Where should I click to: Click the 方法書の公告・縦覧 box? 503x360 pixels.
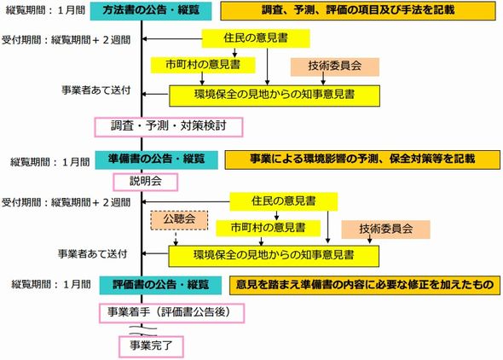click(x=151, y=11)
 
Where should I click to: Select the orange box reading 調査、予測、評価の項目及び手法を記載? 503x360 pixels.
click(x=358, y=11)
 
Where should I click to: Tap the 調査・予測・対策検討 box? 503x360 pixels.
click(x=169, y=127)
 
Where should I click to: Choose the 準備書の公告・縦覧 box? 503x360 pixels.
click(x=156, y=160)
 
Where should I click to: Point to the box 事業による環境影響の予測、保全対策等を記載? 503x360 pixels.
click(x=362, y=160)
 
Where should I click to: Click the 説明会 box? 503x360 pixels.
click(x=145, y=182)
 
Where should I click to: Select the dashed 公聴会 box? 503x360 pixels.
click(x=179, y=220)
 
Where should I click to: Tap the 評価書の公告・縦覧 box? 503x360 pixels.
click(x=160, y=285)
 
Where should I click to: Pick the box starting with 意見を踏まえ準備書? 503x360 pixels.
click(x=365, y=285)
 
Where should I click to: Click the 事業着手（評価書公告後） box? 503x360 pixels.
click(x=172, y=313)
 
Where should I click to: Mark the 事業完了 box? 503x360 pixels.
click(x=151, y=346)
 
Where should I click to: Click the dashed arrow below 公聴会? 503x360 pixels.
click(x=176, y=238)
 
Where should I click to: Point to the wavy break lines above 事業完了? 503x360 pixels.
click(x=143, y=331)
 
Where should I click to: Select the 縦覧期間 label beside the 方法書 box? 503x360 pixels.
click(x=45, y=10)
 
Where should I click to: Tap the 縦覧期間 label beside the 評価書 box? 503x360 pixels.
click(x=51, y=284)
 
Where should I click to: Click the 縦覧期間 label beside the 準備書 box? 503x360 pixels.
click(x=49, y=162)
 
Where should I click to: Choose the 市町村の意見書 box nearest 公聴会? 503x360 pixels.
click(x=269, y=228)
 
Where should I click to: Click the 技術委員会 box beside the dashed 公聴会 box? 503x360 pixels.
click(x=385, y=229)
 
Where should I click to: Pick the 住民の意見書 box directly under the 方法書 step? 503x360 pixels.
click(x=256, y=38)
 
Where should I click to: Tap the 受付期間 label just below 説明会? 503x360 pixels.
click(x=66, y=203)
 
